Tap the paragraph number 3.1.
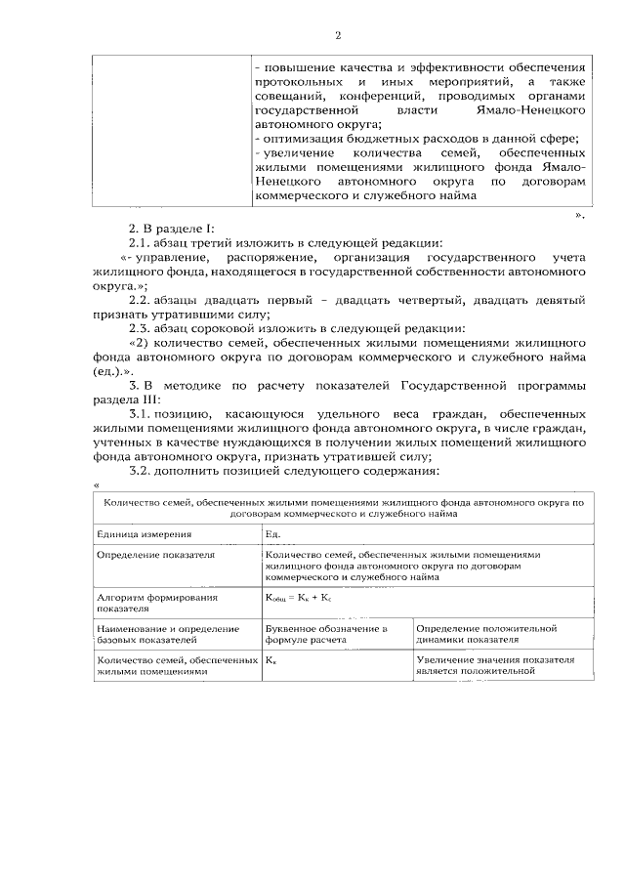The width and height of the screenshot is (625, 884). click(x=142, y=413)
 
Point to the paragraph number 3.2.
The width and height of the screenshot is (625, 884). click(x=142, y=471)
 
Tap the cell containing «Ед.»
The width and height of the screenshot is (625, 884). click(x=272, y=534)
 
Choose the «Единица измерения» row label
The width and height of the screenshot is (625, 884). click(x=144, y=534)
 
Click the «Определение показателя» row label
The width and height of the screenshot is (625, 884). click(x=155, y=554)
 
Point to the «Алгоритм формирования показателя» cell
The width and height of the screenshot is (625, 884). click(x=156, y=600)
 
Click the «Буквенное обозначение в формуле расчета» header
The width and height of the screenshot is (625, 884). click(x=326, y=634)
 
